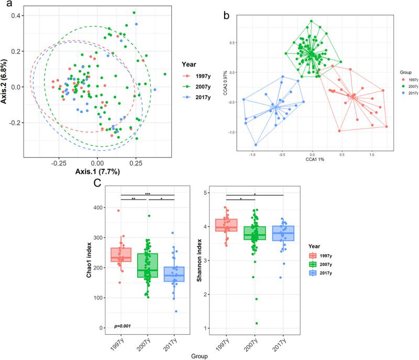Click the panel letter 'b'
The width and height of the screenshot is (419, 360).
[x=227, y=15]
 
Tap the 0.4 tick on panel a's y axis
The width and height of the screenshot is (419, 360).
[x=17, y=16]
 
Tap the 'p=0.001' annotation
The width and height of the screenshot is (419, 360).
[x=122, y=326]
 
